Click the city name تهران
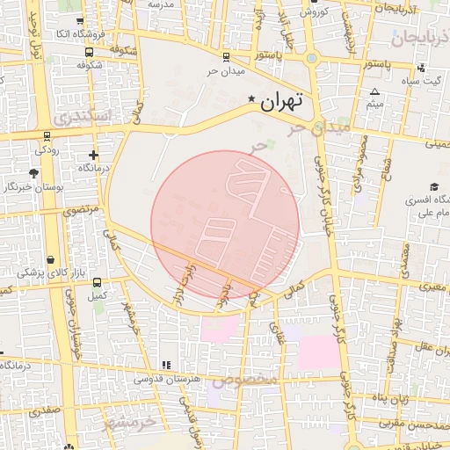pyautogui.click(x=281, y=100)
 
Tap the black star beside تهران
pyautogui.click(x=252, y=99)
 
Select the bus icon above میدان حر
pyautogui.click(x=226, y=57)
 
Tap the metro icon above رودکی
pyautogui.click(x=47, y=136)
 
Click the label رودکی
pyautogui.click(x=47, y=149)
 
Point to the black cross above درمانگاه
pyautogui.click(x=93, y=156)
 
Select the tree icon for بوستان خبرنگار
pyautogui.click(x=33, y=173)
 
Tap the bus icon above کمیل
pyautogui.click(x=97, y=283)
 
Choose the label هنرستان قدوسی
pyautogui.click(x=166, y=379)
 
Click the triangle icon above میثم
pyautogui.click(x=375, y=92)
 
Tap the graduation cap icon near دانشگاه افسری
pyautogui.click(x=433, y=186)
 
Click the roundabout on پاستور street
pyautogui.click(x=311, y=59)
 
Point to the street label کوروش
pyautogui.click(x=315, y=12)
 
